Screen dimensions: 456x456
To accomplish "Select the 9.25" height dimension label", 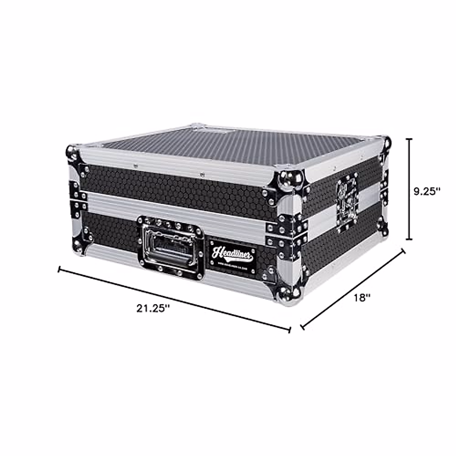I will coord(427,191).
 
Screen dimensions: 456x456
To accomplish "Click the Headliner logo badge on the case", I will coord(232,256).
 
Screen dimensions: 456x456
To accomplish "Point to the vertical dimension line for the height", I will coord(409,189).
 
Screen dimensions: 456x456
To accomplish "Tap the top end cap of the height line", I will coord(409,139).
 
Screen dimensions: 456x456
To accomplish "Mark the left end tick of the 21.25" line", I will coord(59,269).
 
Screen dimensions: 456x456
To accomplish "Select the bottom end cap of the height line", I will coord(409,239).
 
